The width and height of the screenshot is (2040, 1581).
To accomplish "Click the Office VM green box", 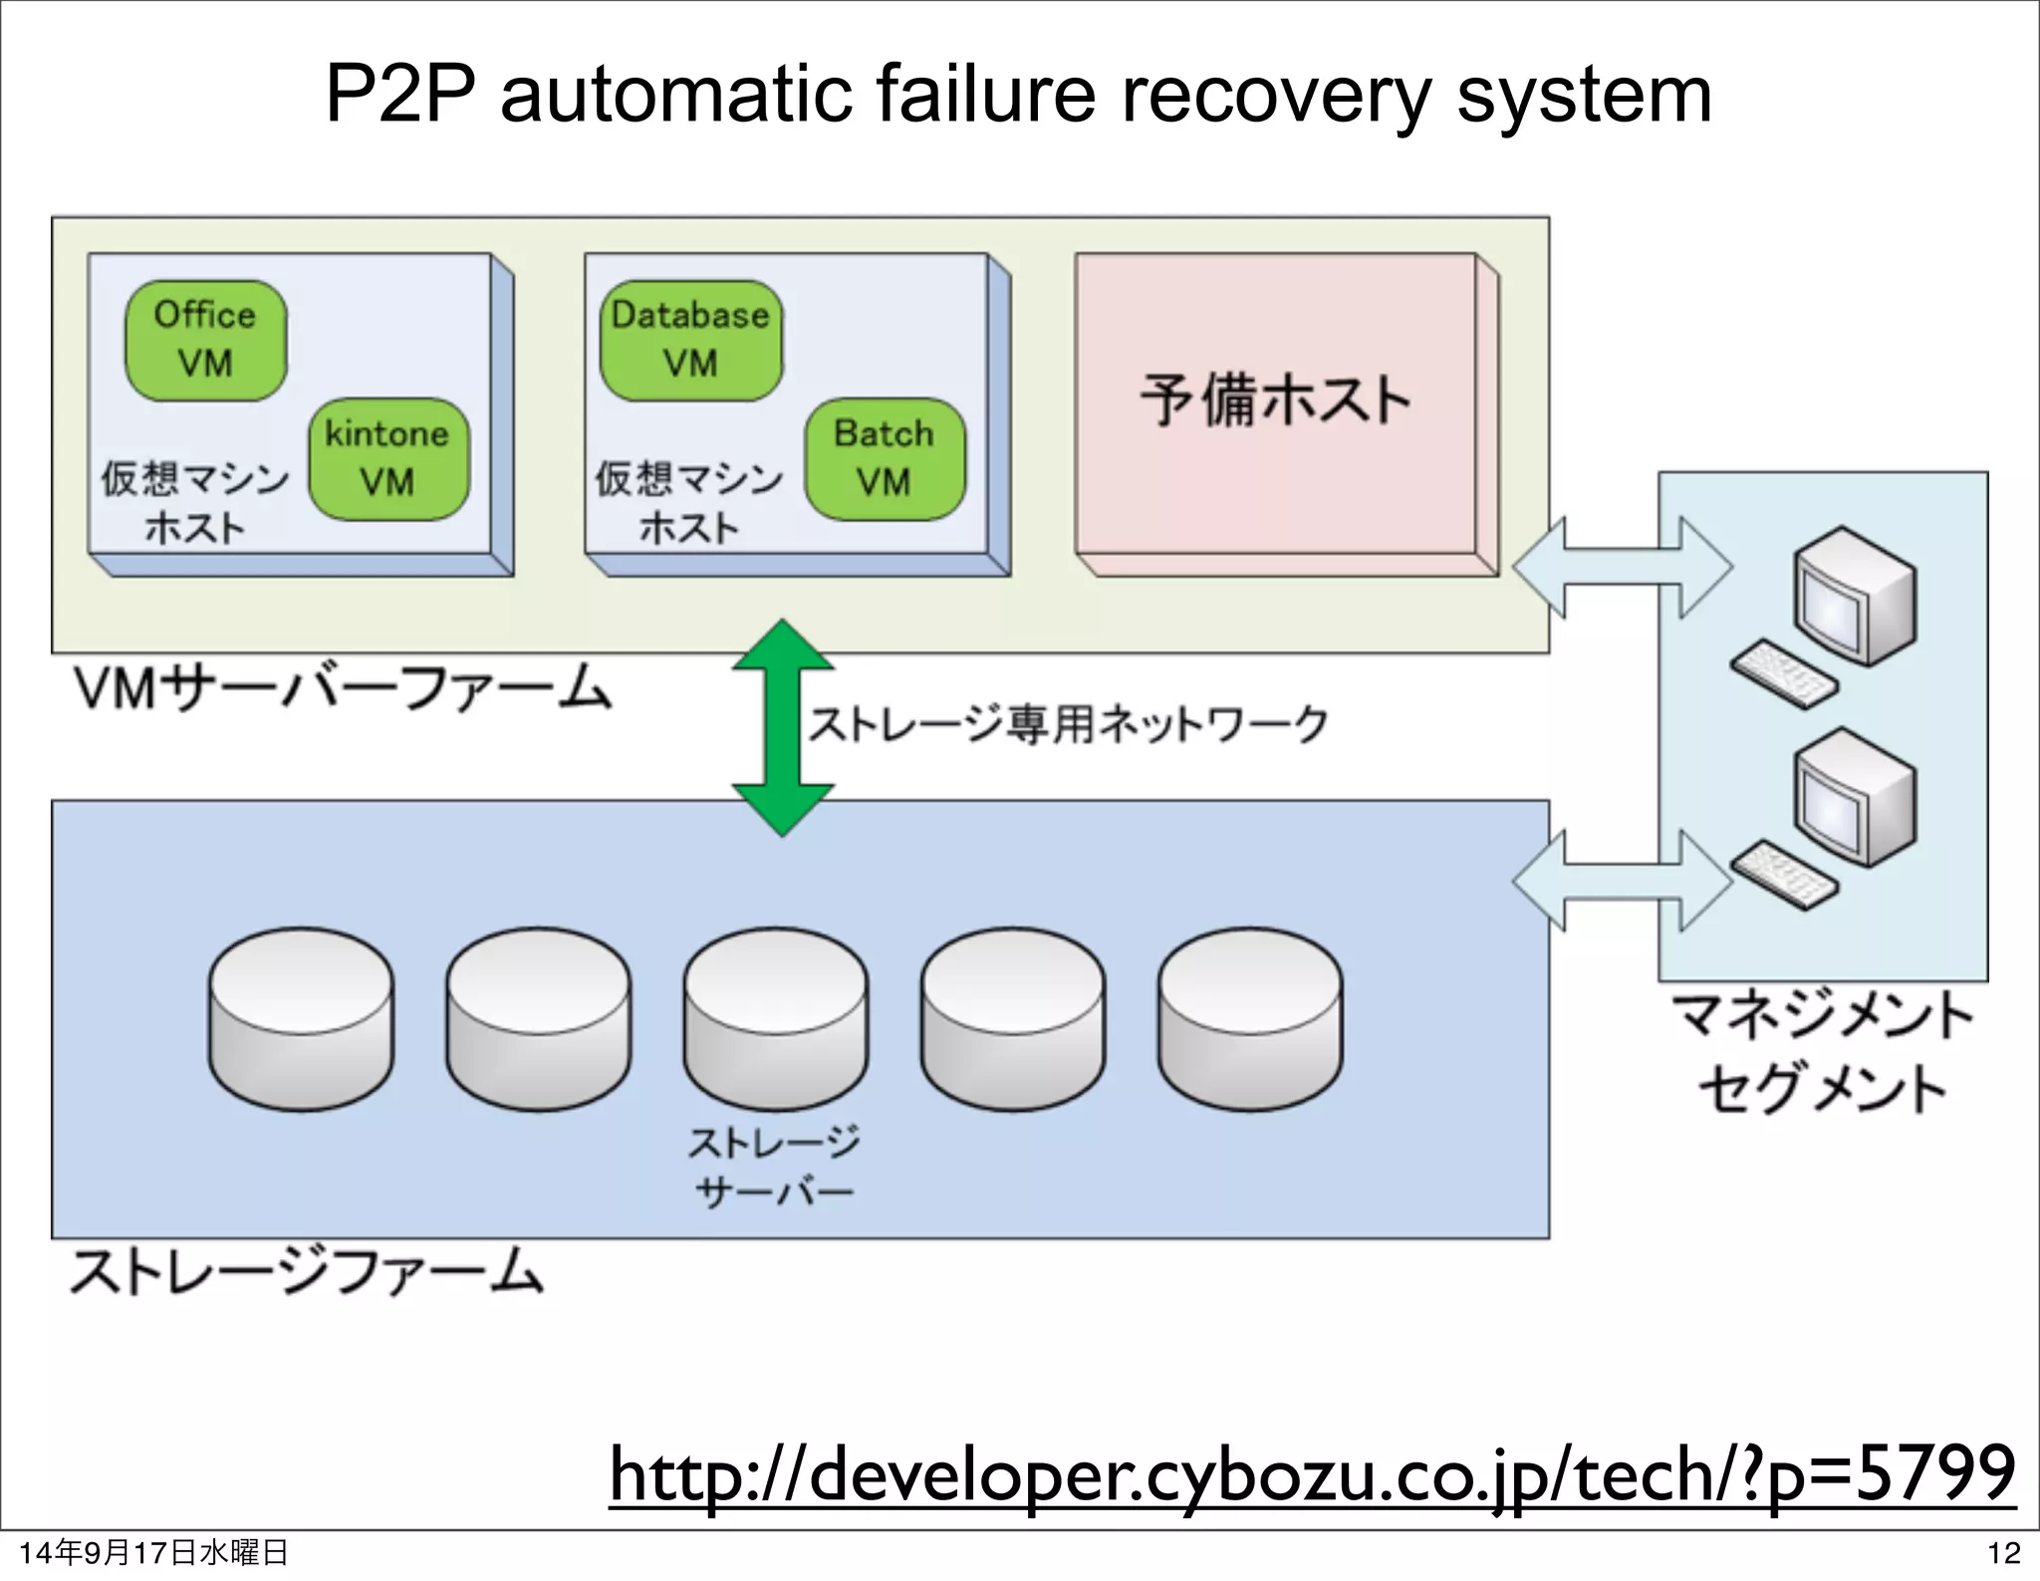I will [205, 341].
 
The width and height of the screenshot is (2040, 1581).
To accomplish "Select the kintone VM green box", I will [388, 459].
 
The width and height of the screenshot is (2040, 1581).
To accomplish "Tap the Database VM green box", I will [691, 341].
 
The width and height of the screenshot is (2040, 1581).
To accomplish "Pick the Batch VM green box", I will [885, 459].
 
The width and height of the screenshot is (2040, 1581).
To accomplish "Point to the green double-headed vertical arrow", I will [783, 727].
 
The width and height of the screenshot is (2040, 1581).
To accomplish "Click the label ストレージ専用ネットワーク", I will [1068, 724].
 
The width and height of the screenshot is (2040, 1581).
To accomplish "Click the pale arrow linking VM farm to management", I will [1622, 568].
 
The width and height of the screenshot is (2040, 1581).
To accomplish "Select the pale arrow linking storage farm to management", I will [1622, 881].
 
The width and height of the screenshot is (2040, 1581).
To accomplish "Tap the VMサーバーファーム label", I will [343, 689].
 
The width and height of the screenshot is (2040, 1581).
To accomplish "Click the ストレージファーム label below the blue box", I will [307, 1272].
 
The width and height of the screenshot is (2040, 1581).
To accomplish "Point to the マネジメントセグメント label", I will [1822, 1052].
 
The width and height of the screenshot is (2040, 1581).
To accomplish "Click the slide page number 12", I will [2003, 1553].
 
